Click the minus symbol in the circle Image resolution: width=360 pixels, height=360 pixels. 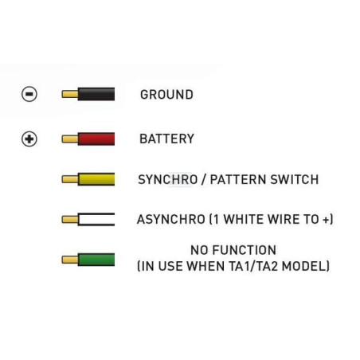pos(29,94)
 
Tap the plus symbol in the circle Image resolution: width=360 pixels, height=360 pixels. pos(29,139)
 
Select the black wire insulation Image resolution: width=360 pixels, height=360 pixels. pos(96,94)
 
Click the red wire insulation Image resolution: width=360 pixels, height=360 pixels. pos(96,139)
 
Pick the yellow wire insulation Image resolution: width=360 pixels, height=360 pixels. pos(96,179)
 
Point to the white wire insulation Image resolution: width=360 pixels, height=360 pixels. pos(96,219)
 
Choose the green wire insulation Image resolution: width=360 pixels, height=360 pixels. pos(96,260)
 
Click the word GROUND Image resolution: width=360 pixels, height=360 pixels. pos(166,95)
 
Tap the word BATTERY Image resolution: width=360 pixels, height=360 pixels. pos(167,139)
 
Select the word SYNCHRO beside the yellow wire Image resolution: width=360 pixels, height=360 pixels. pos(168,179)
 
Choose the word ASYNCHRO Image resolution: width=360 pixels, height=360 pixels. pos(171,220)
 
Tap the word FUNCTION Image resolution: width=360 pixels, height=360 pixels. pos(245,250)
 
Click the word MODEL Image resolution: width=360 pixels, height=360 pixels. pos(304,266)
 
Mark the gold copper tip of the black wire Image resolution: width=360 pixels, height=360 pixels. pos(70,94)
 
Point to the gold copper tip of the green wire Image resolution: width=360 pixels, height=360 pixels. pos(70,260)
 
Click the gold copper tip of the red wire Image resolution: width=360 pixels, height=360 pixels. pos(70,139)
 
